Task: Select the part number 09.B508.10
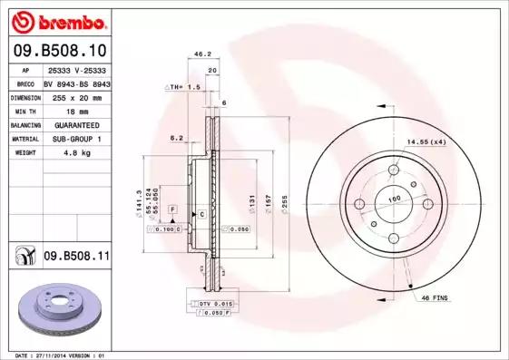click(x=59, y=51)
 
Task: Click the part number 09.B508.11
click(x=76, y=258)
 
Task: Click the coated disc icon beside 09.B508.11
click(x=24, y=258)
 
